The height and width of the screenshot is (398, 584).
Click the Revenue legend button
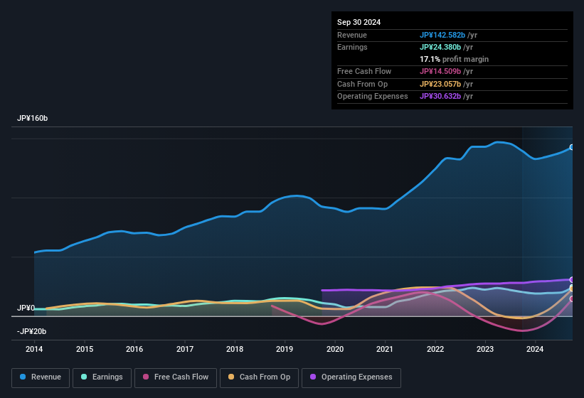coord(41,377)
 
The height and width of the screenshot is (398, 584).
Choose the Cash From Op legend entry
coord(259,377)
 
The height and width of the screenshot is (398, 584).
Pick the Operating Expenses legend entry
coord(351,377)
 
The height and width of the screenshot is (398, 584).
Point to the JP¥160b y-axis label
coord(32,118)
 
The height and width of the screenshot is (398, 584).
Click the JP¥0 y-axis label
coord(26,308)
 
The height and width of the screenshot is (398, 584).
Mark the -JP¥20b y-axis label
coord(32,331)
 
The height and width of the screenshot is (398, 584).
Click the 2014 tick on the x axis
coord(34,349)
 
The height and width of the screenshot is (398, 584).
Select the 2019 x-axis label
coord(285,349)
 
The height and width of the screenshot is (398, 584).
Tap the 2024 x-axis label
coord(535,349)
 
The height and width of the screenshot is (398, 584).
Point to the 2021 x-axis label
coord(385,349)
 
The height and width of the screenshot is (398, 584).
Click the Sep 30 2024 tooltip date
coord(359,22)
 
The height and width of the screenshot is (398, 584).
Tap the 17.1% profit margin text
coord(454,59)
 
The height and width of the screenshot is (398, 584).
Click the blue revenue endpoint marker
coord(571,147)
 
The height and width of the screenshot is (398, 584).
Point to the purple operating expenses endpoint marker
coord(571,279)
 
